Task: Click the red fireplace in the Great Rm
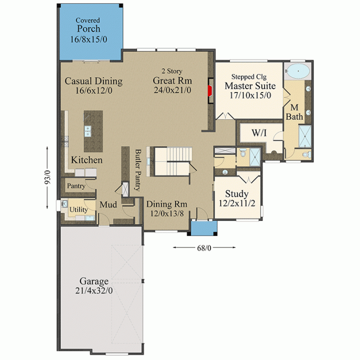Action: point(210,90)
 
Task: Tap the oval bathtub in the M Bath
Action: point(298,71)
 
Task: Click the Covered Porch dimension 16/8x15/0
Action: point(88,39)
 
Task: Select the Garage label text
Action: point(94,281)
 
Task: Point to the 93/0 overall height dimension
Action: point(47,177)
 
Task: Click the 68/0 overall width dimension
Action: point(204,248)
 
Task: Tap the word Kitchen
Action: point(87,160)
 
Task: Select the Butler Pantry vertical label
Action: point(138,170)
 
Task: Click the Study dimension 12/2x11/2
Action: point(237,203)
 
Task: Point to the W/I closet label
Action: point(259,133)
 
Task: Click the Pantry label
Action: point(76,185)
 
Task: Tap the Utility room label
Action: point(78,209)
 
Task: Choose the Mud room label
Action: point(108,204)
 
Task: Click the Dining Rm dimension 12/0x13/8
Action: point(167,214)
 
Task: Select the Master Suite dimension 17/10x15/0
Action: point(250,95)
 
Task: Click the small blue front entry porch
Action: point(204,228)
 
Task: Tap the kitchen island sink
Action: point(87,131)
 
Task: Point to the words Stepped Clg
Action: point(249,77)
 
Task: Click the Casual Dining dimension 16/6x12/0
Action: point(94,90)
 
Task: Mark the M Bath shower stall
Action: point(305,136)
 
